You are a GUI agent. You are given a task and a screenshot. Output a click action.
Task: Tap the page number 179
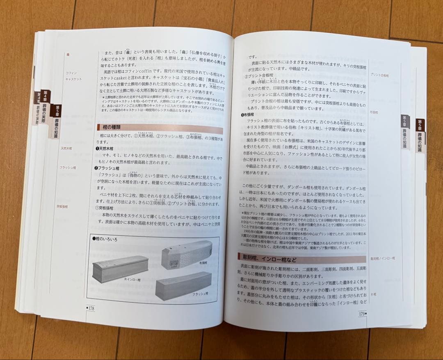pos(362,314)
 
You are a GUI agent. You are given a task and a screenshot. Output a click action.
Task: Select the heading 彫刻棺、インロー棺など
pos(269,259)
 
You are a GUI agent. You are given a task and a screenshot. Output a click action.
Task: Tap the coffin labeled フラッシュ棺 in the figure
pos(183,284)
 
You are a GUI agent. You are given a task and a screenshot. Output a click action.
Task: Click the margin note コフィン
pos(71,73)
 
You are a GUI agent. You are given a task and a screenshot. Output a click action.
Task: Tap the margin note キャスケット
pos(73,79)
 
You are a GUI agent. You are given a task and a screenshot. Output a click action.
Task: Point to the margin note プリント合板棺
pos(379,75)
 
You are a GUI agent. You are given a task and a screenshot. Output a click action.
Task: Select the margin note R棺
pos(373,294)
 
